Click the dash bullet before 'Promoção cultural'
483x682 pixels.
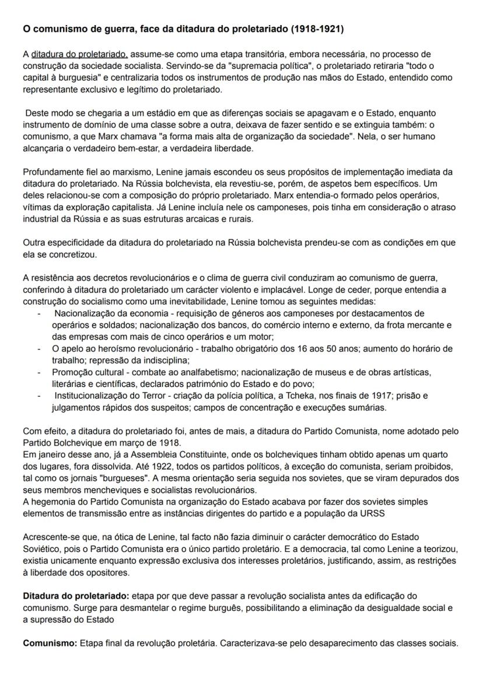coord(38,372)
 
